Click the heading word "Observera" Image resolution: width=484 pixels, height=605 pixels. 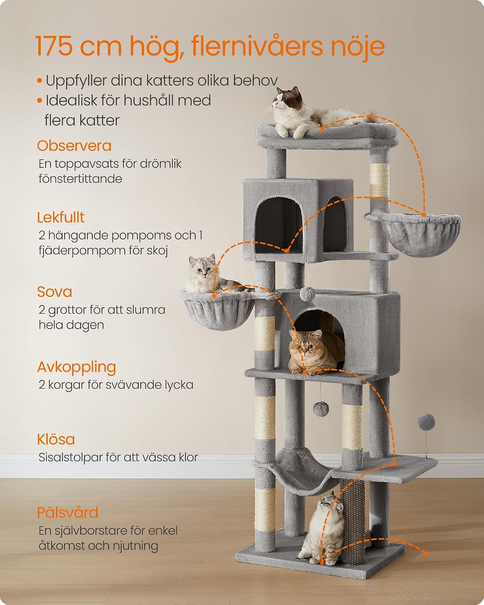(x=74, y=146)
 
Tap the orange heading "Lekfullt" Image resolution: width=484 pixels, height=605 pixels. (x=61, y=217)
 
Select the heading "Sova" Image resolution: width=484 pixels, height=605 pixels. (x=54, y=292)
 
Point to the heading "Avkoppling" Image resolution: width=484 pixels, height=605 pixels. (x=77, y=367)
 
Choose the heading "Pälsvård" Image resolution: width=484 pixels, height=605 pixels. (x=67, y=513)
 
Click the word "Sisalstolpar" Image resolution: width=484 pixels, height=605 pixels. (x=70, y=457)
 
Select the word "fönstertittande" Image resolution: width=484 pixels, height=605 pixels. (x=80, y=179)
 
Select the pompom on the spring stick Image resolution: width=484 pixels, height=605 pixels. (x=426, y=422)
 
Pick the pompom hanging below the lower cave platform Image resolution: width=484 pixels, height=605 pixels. (x=321, y=409)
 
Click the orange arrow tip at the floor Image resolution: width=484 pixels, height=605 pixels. (x=426, y=553)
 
